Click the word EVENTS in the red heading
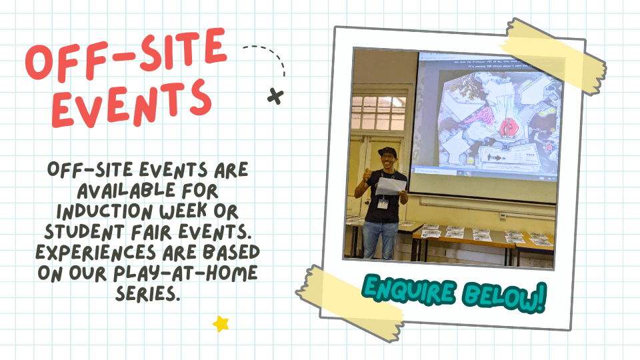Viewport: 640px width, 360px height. coord(131,101)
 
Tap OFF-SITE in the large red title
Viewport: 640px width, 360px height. coord(125,55)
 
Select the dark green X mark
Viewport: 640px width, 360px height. coord(275,96)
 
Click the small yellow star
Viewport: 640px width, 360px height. coord(221,324)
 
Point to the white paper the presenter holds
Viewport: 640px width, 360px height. coord(391,187)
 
